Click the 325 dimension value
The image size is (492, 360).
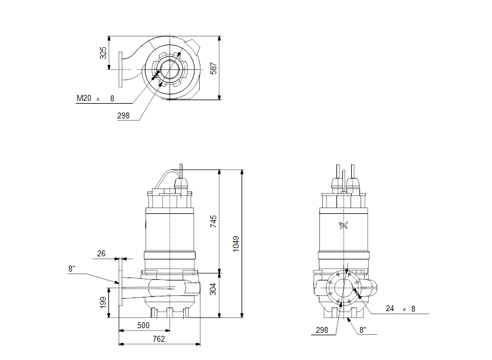pos(104,53)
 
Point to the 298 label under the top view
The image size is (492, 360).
pos(123,116)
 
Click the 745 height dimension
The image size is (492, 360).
pos(214,221)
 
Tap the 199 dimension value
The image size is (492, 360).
pos(104,302)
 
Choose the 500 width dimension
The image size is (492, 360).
pos(143,325)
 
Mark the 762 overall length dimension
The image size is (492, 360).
pos(159,339)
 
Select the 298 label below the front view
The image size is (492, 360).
pos(321,330)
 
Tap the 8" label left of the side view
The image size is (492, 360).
pos(72,269)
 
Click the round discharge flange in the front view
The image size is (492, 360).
pos(344,289)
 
